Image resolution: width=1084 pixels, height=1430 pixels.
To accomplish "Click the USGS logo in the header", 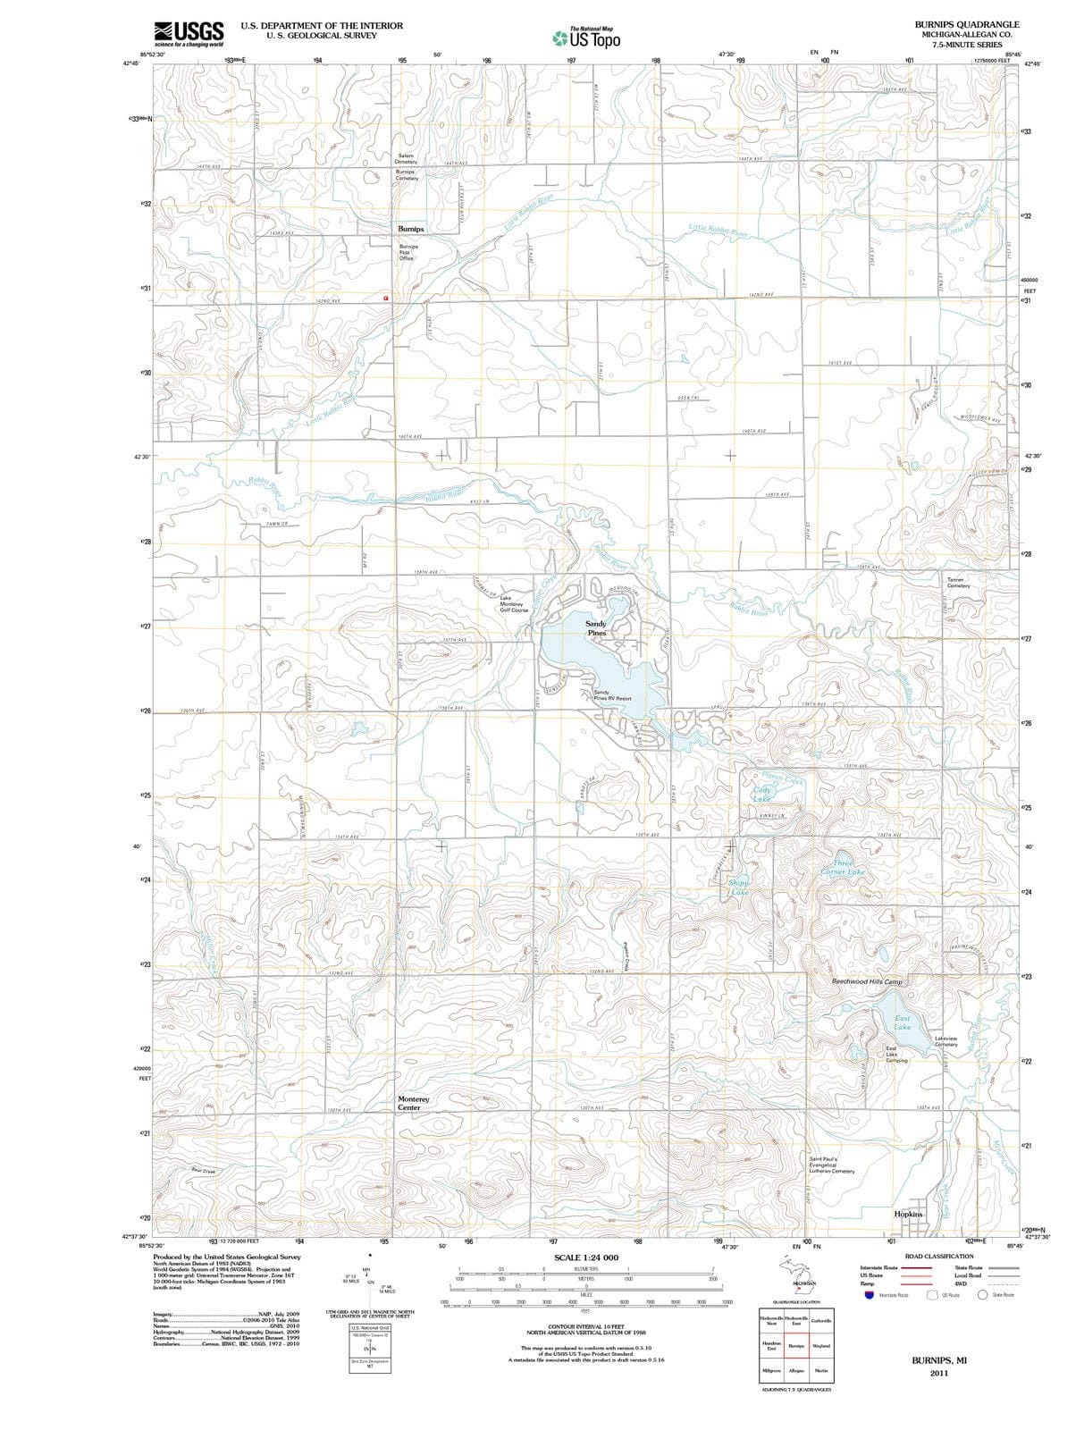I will click(189, 33).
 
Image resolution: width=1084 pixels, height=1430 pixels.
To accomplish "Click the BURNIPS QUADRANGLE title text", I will click(966, 24).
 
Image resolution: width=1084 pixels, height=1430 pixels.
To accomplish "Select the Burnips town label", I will click(411, 229).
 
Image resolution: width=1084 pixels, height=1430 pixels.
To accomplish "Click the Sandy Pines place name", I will click(596, 628).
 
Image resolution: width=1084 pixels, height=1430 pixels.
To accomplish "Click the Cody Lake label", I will click(761, 794).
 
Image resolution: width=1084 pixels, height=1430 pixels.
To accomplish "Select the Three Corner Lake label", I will click(843, 867).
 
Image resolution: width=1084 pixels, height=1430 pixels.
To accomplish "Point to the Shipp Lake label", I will click(739, 887).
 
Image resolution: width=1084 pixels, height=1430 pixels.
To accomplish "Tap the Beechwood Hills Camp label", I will click(867, 981).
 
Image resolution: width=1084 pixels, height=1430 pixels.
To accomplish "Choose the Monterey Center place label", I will click(413, 1103).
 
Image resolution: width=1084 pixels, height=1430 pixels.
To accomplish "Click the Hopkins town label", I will click(908, 1214).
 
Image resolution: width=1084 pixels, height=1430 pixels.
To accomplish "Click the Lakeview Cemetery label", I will click(945, 1041).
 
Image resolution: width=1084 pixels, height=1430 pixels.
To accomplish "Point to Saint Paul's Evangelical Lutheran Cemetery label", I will click(831, 1165).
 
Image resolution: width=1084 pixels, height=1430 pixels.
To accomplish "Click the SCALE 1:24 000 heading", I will click(585, 1258).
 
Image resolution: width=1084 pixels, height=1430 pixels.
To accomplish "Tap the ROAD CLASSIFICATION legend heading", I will click(938, 1256).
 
